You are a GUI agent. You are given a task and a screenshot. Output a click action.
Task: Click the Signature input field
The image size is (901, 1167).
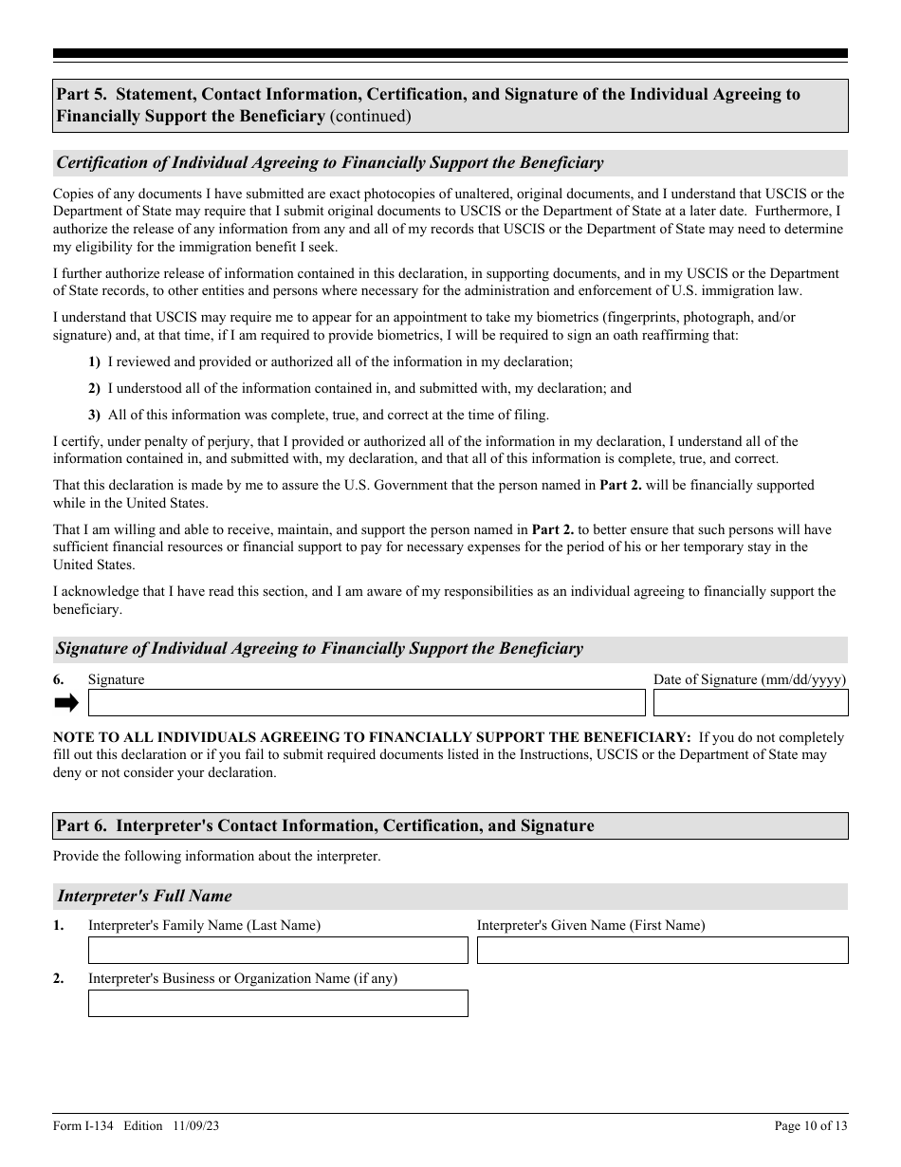pyautogui.click(x=366, y=702)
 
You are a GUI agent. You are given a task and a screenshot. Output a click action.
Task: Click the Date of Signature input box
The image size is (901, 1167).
pyautogui.click(x=750, y=702)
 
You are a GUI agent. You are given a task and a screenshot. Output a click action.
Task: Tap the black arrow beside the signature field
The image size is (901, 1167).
pyautogui.click(x=66, y=702)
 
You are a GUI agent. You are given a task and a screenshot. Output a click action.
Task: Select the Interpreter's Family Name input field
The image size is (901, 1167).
pyautogui.click(x=278, y=950)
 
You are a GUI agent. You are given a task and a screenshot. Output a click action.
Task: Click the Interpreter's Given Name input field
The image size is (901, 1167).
pyautogui.click(x=662, y=950)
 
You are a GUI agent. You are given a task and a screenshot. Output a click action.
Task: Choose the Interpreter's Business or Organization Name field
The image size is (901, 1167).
pyautogui.click(x=278, y=1003)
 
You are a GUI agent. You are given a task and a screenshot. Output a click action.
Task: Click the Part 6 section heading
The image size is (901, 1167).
pyautogui.click(x=325, y=825)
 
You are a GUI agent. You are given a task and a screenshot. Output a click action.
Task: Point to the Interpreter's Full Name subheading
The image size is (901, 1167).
pyautogui.click(x=145, y=896)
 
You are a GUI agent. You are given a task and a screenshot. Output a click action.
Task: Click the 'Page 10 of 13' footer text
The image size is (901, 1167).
pyautogui.click(x=811, y=1126)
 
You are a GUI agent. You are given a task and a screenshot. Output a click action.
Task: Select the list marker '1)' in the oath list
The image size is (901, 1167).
pyautogui.click(x=94, y=361)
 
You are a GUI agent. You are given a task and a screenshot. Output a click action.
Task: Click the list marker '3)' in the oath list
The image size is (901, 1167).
pyautogui.click(x=94, y=415)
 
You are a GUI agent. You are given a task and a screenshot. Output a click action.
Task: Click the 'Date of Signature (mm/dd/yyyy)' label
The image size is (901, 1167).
pyautogui.click(x=749, y=679)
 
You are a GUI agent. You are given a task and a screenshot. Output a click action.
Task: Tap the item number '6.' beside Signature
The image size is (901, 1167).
pyautogui.click(x=59, y=679)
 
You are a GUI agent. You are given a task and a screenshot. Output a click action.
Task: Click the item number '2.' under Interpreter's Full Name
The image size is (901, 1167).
pyautogui.click(x=59, y=978)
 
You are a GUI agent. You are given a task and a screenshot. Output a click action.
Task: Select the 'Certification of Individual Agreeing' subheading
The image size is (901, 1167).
pyautogui.click(x=330, y=162)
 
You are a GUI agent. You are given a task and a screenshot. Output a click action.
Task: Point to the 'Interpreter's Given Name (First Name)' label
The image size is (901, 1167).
pyautogui.click(x=591, y=925)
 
